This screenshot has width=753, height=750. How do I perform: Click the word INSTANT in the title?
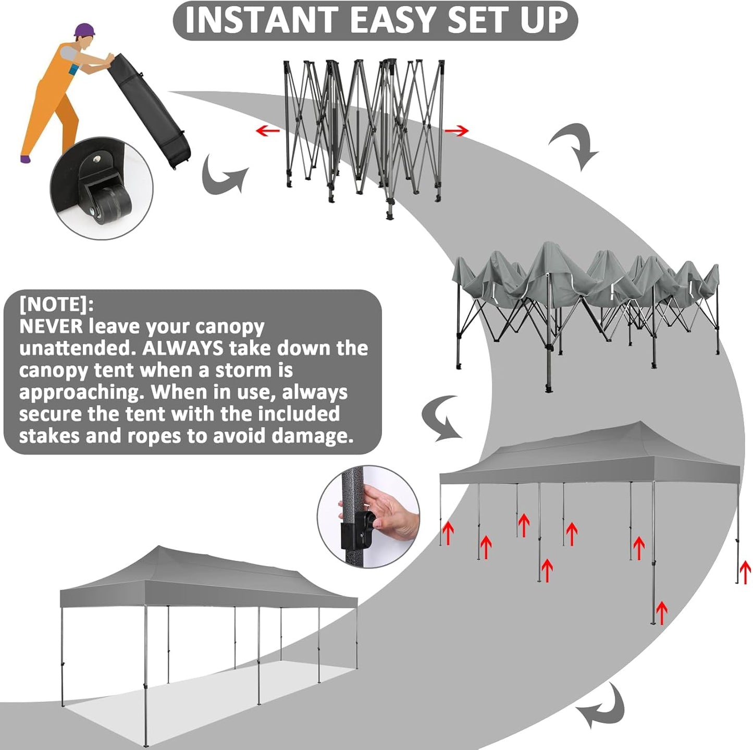click(x=261, y=20)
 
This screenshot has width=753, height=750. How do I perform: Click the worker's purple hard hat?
click(x=85, y=30)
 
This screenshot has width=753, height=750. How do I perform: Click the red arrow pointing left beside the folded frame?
click(x=268, y=130)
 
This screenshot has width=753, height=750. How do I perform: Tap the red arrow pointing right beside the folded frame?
click(x=457, y=130)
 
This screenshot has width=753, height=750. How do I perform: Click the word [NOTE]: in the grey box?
click(x=57, y=304)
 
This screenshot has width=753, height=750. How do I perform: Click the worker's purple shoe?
click(x=26, y=159)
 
